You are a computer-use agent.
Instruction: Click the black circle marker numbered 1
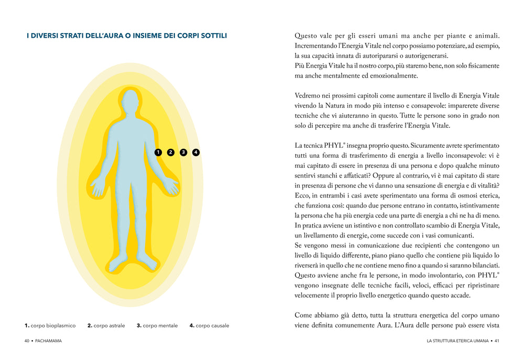coord(158,152)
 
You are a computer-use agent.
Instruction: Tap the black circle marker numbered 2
coord(170,152)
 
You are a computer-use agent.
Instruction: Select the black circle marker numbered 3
coord(183,152)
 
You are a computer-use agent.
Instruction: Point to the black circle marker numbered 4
coord(196,152)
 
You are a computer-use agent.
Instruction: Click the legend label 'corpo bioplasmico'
coord(53,325)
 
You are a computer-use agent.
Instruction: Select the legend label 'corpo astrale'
coord(110,325)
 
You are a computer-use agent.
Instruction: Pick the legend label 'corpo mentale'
coord(160,325)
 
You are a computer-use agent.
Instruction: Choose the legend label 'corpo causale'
coord(212,325)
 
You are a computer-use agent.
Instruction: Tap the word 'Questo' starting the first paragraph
coord(305,36)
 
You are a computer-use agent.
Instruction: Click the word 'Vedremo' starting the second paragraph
coord(309,95)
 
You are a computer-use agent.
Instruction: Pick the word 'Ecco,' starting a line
coord(304,195)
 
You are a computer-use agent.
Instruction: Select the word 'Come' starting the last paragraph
coord(305,315)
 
